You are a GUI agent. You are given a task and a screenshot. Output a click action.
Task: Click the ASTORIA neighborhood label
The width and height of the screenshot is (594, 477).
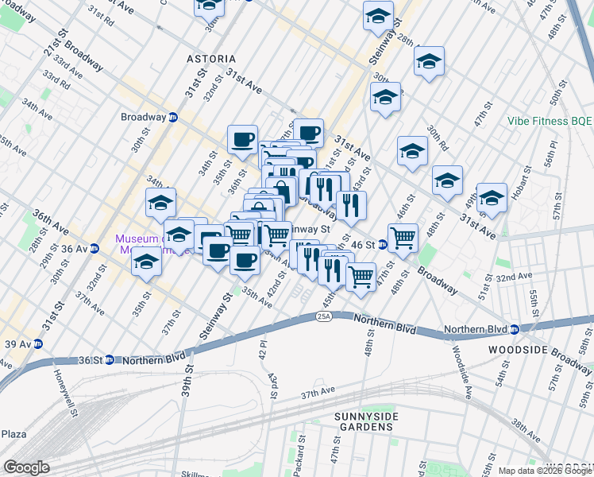click(x=211, y=59)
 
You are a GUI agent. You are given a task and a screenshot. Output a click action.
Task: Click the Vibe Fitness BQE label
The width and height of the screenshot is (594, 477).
click(x=550, y=122)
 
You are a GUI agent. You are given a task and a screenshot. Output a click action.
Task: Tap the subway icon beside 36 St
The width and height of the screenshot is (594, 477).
click(x=109, y=359)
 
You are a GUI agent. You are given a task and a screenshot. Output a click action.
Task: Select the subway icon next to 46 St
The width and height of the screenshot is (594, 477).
click(x=381, y=245)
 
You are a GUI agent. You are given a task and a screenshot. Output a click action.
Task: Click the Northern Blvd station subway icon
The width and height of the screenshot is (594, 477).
click(x=514, y=329)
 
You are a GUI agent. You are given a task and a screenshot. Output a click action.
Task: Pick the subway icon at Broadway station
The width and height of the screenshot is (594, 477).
click(x=172, y=117)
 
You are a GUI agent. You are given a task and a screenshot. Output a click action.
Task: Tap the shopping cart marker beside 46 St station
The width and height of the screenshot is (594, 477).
click(x=403, y=236)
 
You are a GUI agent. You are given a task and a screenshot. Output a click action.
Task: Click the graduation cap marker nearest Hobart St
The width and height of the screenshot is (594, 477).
click(x=492, y=198)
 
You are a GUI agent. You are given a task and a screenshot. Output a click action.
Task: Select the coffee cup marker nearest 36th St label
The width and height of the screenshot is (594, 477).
click(x=242, y=138)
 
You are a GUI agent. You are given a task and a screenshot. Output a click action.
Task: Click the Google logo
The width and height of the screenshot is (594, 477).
click(x=27, y=467)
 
